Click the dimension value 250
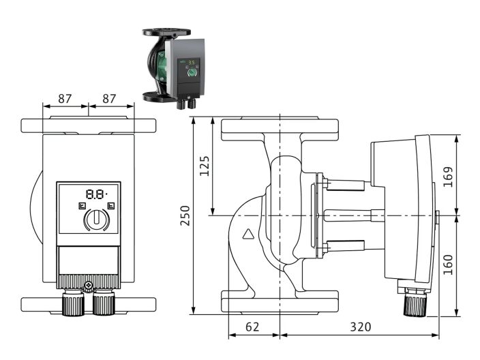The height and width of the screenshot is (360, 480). point(184,215)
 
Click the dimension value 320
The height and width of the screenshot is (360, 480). point(360,327)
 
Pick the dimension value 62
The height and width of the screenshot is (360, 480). point(252,327)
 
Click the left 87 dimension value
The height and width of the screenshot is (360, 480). point(65,98)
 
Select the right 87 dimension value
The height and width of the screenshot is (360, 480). point(108,98)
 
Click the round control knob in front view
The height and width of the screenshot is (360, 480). point(97,220)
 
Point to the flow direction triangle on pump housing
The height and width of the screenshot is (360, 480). point(249,237)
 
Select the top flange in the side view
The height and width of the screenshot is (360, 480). point(280,127)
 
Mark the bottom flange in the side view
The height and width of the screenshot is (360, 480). point(280,301)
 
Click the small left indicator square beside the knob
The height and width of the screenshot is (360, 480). point(82,205)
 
